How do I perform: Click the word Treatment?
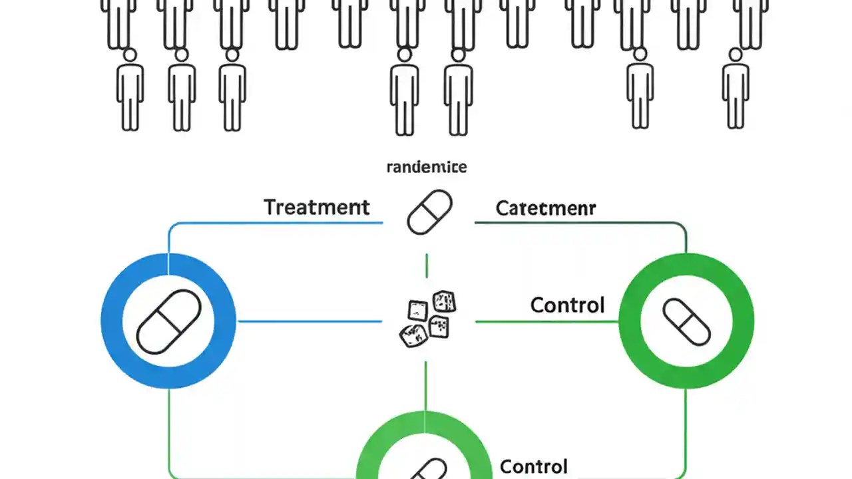pyautogui.click(x=316, y=207)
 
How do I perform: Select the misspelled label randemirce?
pyautogui.click(x=426, y=167)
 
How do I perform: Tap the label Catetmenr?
pyautogui.click(x=545, y=208)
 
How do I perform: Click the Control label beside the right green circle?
pyautogui.click(x=567, y=305)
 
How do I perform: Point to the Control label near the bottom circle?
pyautogui.click(x=533, y=466)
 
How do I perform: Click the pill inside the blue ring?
pyautogui.click(x=168, y=321)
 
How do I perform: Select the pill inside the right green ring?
pyautogui.click(x=686, y=321)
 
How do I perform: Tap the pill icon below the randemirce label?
pyautogui.click(x=429, y=212)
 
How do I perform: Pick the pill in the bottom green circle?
pyautogui.click(x=426, y=469)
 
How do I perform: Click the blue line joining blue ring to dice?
pyautogui.click(x=310, y=321)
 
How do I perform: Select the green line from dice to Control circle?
pyautogui.click(x=546, y=322)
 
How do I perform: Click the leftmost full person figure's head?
pyautogui.click(x=130, y=55)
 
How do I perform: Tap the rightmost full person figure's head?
pyautogui.click(x=736, y=55)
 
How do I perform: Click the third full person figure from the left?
pyautogui.click(x=232, y=90)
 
